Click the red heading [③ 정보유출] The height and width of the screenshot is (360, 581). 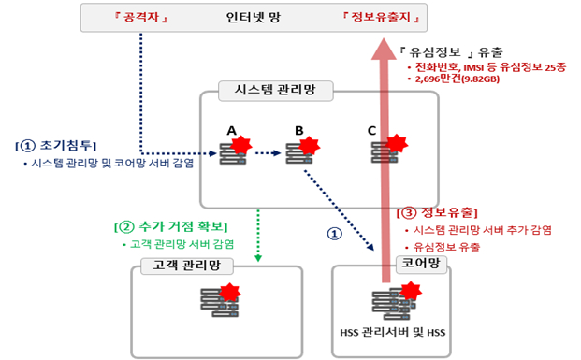439,212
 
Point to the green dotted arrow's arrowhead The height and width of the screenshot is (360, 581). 258,258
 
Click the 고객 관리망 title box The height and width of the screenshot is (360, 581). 178,266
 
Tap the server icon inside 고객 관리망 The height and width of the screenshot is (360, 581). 217,301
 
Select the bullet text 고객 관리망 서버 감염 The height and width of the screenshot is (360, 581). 183,244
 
